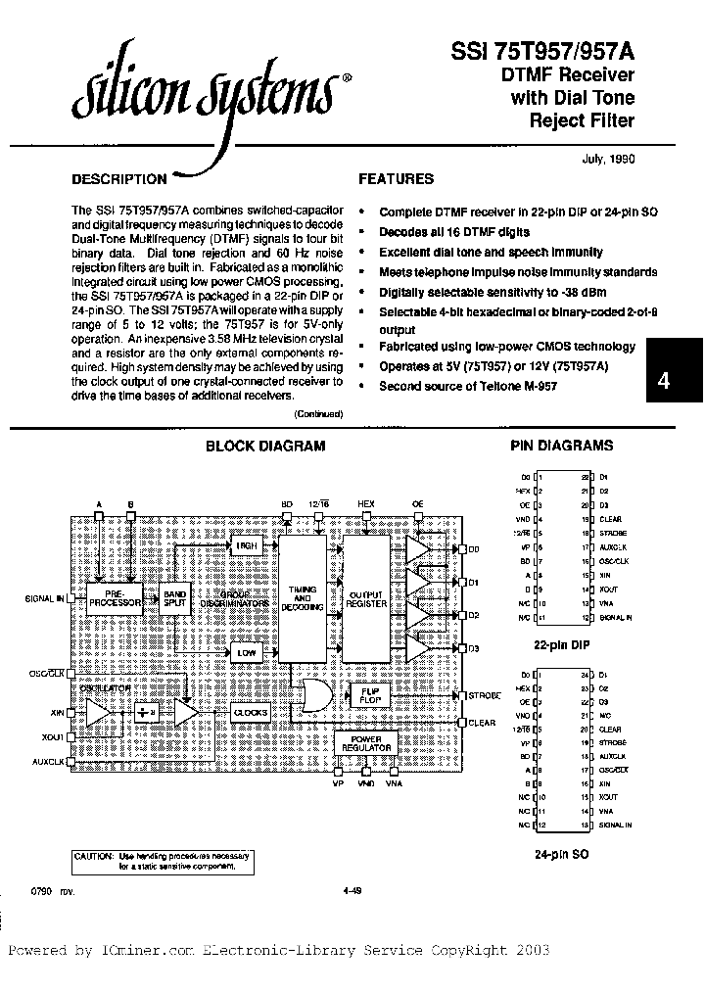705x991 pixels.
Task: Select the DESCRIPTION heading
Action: pyautogui.click(x=119, y=179)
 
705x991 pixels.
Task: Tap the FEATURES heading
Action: pyautogui.click(x=396, y=179)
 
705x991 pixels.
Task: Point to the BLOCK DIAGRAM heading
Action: pyautogui.click(x=264, y=446)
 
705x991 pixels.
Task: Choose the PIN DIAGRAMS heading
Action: pyautogui.click(x=562, y=446)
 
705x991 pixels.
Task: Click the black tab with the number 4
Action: pyautogui.click(x=676, y=383)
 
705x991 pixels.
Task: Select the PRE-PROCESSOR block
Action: pyautogui.click(x=116, y=597)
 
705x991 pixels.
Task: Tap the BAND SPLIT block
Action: pyautogui.click(x=174, y=597)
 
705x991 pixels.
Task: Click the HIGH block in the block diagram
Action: pyautogui.click(x=245, y=545)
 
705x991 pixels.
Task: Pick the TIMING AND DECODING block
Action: pyautogui.click(x=303, y=597)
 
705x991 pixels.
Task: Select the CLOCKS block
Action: pyautogui.click(x=251, y=713)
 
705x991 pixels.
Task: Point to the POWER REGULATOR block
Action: pyautogui.click(x=366, y=742)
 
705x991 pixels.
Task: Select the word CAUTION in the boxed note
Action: pyautogui.click(x=96, y=855)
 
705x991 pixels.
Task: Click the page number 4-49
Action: pyautogui.click(x=353, y=890)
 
